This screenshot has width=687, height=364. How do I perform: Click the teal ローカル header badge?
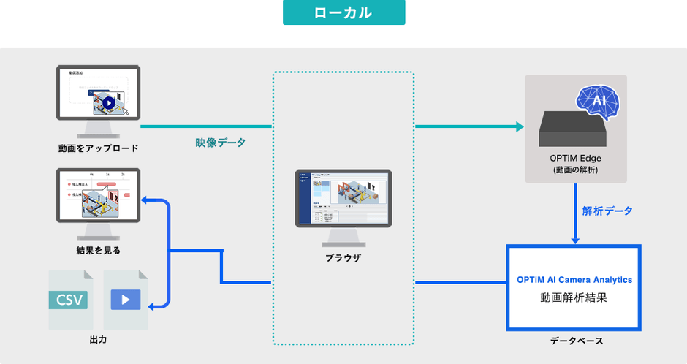tap(343, 12)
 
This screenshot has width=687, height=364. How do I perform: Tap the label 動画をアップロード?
tap(99, 148)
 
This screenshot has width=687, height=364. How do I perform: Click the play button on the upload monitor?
tap(108, 103)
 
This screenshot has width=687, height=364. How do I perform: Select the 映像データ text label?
tap(221, 143)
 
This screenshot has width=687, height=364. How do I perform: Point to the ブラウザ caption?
tap(343, 258)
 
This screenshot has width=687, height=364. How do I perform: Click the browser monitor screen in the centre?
tap(343, 198)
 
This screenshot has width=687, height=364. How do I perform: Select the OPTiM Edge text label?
tap(576, 158)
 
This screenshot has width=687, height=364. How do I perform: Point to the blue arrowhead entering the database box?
tap(576, 239)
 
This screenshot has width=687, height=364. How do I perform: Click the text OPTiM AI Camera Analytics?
tap(574, 279)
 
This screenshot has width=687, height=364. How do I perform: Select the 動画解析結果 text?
tap(574, 297)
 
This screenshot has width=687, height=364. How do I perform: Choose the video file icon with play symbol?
tap(126, 299)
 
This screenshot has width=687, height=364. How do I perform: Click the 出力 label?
tap(98, 341)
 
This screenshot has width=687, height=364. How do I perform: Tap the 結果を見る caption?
tap(99, 250)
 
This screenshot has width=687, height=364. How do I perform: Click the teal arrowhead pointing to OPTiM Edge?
tap(520, 126)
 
